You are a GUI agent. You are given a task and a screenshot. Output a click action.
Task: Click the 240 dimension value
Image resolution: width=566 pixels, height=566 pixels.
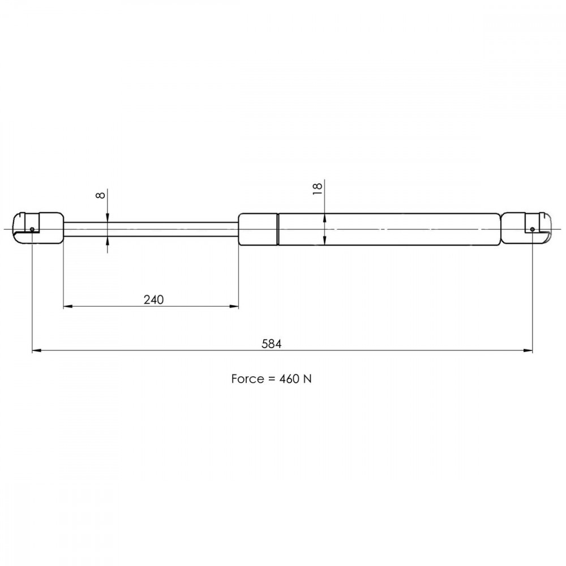coord(153,299)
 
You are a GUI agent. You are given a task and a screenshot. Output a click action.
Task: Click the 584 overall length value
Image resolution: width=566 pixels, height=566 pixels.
coord(272,344)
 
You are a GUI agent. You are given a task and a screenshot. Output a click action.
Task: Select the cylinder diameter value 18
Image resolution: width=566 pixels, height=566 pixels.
coord(317,189)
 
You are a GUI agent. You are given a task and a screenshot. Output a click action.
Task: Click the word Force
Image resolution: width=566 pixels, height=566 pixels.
coord(247,379)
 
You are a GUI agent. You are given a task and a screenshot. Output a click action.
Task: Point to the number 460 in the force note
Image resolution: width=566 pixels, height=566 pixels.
coord(289,379)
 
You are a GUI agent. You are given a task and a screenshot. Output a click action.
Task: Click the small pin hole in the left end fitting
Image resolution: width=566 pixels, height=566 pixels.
coord(32,229)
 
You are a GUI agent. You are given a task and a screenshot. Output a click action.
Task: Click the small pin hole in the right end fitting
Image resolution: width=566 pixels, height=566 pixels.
coord(533,229)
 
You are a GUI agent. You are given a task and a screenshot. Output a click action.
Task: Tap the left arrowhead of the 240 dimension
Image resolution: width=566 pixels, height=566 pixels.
coord(68,306)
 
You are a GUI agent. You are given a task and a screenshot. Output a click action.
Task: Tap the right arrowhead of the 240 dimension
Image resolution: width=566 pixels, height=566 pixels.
coord(234,306)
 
